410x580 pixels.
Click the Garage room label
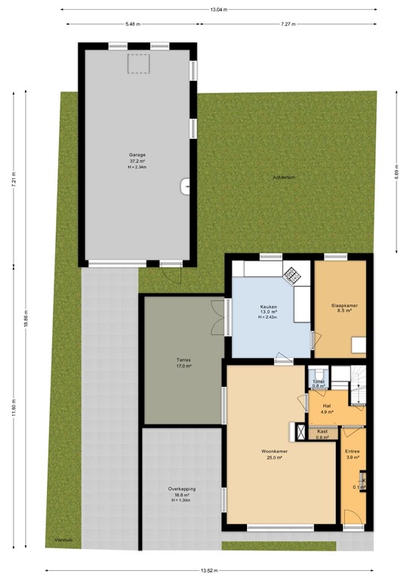point(137,155)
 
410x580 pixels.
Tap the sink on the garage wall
point(186,185)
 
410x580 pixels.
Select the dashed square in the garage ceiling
point(138,64)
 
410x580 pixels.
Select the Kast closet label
point(322,431)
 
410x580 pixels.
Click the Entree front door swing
point(351,517)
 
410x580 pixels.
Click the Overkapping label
point(182,489)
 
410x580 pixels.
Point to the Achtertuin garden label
point(283,177)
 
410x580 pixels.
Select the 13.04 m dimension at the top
point(218,10)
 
